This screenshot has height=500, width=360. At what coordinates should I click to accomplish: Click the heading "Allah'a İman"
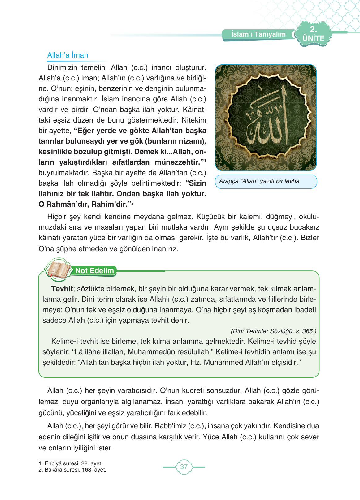(x=67, y=55)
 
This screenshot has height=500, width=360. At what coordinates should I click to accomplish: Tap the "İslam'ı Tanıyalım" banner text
(x=258, y=34)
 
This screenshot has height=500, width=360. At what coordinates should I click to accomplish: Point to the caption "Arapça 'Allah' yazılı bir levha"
(x=259, y=181)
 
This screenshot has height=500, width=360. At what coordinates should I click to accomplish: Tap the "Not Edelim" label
(x=94, y=271)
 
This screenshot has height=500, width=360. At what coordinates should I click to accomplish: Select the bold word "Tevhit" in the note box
(x=62, y=289)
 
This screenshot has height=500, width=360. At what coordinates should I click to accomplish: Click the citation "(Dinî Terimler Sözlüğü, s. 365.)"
(x=273, y=331)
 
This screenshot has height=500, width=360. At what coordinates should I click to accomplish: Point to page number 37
(x=184, y=467)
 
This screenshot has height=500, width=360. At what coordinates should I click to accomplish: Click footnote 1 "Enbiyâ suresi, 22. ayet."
(x=71, y=463)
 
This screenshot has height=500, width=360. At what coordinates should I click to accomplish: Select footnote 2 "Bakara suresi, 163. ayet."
(x=72, y=470)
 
